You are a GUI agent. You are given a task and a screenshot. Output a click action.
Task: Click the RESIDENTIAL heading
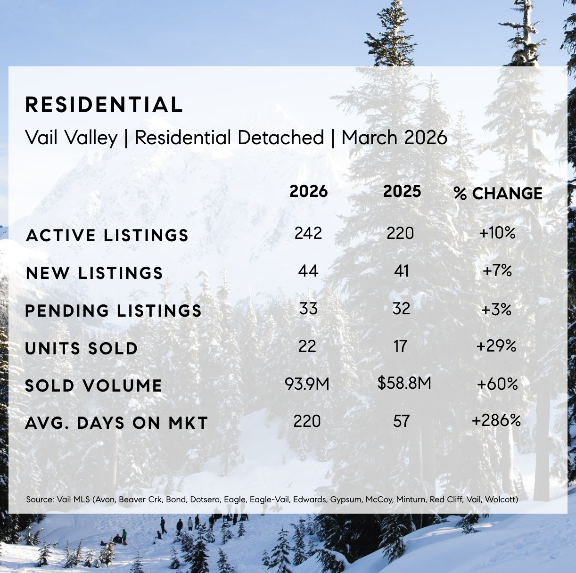pyautogui.click(x=104, y=105)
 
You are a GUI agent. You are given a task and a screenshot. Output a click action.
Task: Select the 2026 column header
pyautogui.click(x=309, y=191)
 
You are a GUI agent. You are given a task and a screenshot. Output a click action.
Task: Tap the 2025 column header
pyautogui.click(x=402, y=191)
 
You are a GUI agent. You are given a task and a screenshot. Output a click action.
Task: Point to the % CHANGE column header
pyautogui.click(x=498, y=193)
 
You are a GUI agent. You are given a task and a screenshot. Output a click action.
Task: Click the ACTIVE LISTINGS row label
pyautogui.click(x=107, y=235)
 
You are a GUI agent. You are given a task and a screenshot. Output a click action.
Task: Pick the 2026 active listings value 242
pyautogui.click(x=308, y=233)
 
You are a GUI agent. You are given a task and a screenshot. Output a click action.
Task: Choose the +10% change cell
pyautogui.click(x=497, y=233)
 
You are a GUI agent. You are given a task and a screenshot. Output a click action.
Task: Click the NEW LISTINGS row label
pyautogui.click(x=95, y=273)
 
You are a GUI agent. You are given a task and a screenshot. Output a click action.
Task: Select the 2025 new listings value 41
pyautogui.click(x=402, y=271)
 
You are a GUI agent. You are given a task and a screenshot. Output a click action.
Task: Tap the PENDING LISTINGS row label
pyautogui.click(x=114, y=311)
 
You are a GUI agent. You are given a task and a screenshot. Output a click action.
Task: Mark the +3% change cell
pyautogui.click(x=497, y=309)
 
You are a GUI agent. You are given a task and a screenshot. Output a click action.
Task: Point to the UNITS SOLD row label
pyautogui.click(x=82, y=348)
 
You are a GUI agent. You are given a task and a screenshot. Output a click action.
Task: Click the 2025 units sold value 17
pyautogui.click(x=401, y=346)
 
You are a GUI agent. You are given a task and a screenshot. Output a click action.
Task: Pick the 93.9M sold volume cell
pyautogui.click(x=307, y=384)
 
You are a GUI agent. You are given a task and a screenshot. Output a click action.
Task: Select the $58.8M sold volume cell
pyautogui.click(x=404, y=383)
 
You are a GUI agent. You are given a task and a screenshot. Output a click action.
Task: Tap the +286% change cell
pyautogui.click(x=496, y=420)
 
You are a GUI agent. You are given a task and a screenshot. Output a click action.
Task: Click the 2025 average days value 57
pyautogui.click(x=402, y=421)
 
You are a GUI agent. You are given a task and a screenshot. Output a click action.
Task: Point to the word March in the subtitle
pyautogui.click(x=370, y=138)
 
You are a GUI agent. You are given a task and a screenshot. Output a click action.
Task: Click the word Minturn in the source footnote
pyautogui.click(x=411, y=499)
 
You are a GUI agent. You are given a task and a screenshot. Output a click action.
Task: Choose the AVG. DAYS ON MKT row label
pyautogui.click(x=116, y=423)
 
